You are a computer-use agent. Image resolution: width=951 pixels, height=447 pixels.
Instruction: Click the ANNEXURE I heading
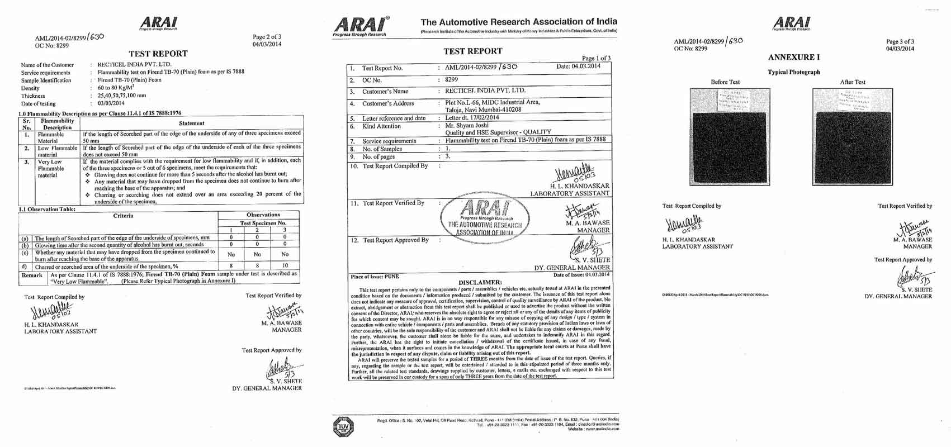click(x=794, y=57)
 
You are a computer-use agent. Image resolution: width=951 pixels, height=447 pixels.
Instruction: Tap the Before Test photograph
click(x=730, y=136)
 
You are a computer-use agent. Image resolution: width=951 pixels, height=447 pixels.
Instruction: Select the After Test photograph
click(x=852, y=136)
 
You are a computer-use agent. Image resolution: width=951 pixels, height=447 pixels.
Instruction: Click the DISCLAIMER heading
click(x=480, y=282)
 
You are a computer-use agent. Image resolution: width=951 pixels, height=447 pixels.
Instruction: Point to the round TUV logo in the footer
click(x=343, y=427)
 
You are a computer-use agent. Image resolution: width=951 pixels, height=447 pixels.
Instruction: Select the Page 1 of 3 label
click(x=596, y=58)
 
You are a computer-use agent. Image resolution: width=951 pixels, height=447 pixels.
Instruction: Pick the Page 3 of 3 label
click(x=900, y=41)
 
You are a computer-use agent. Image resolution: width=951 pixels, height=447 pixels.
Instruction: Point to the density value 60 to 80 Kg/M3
click(x=116, y=88)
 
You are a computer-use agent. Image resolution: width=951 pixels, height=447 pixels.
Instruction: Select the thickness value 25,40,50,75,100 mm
click(x=121, y=96)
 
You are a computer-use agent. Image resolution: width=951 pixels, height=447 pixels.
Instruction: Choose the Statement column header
click(x=191, y=123)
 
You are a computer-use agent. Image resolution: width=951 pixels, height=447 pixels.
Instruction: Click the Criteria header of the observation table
click(x=123, y=216)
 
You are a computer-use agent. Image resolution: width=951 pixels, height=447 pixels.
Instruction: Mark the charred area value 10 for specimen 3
click(x=285, y=266)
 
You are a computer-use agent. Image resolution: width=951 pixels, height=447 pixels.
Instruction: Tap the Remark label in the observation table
click(x=32, y=275)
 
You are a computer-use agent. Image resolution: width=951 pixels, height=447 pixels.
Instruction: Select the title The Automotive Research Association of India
click(x=519, y=22)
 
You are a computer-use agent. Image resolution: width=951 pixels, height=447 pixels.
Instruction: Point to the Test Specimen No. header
click(x=263, y=223)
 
